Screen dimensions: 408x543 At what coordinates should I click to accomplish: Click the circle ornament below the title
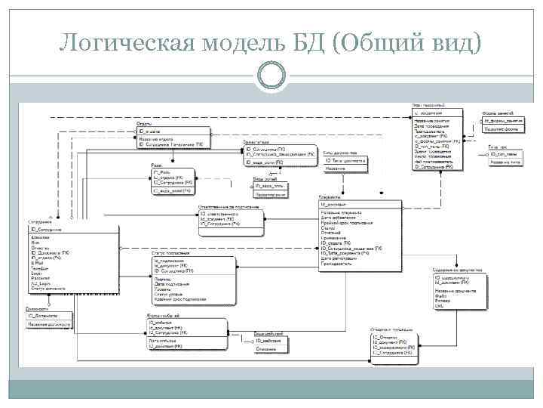pos(271,74)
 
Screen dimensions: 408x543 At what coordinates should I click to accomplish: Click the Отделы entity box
pos(172,138)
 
